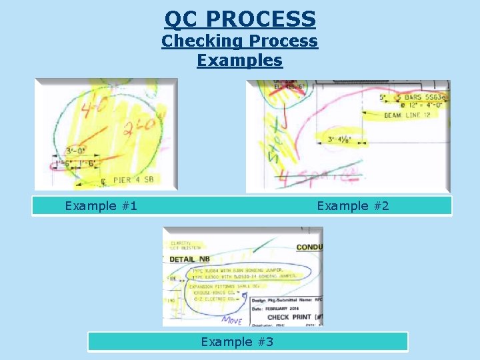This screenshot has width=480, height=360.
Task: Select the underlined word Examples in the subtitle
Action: [x=240, y=61]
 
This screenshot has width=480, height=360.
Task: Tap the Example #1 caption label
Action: [x=101, y=206]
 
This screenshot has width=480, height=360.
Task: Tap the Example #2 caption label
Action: [x=353, y=206]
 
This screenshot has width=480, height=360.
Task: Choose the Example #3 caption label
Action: [x=237, y=342]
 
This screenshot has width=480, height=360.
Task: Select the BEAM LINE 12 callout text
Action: [x=407, y=115]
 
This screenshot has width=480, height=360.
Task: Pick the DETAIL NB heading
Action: [x=192, y=259]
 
